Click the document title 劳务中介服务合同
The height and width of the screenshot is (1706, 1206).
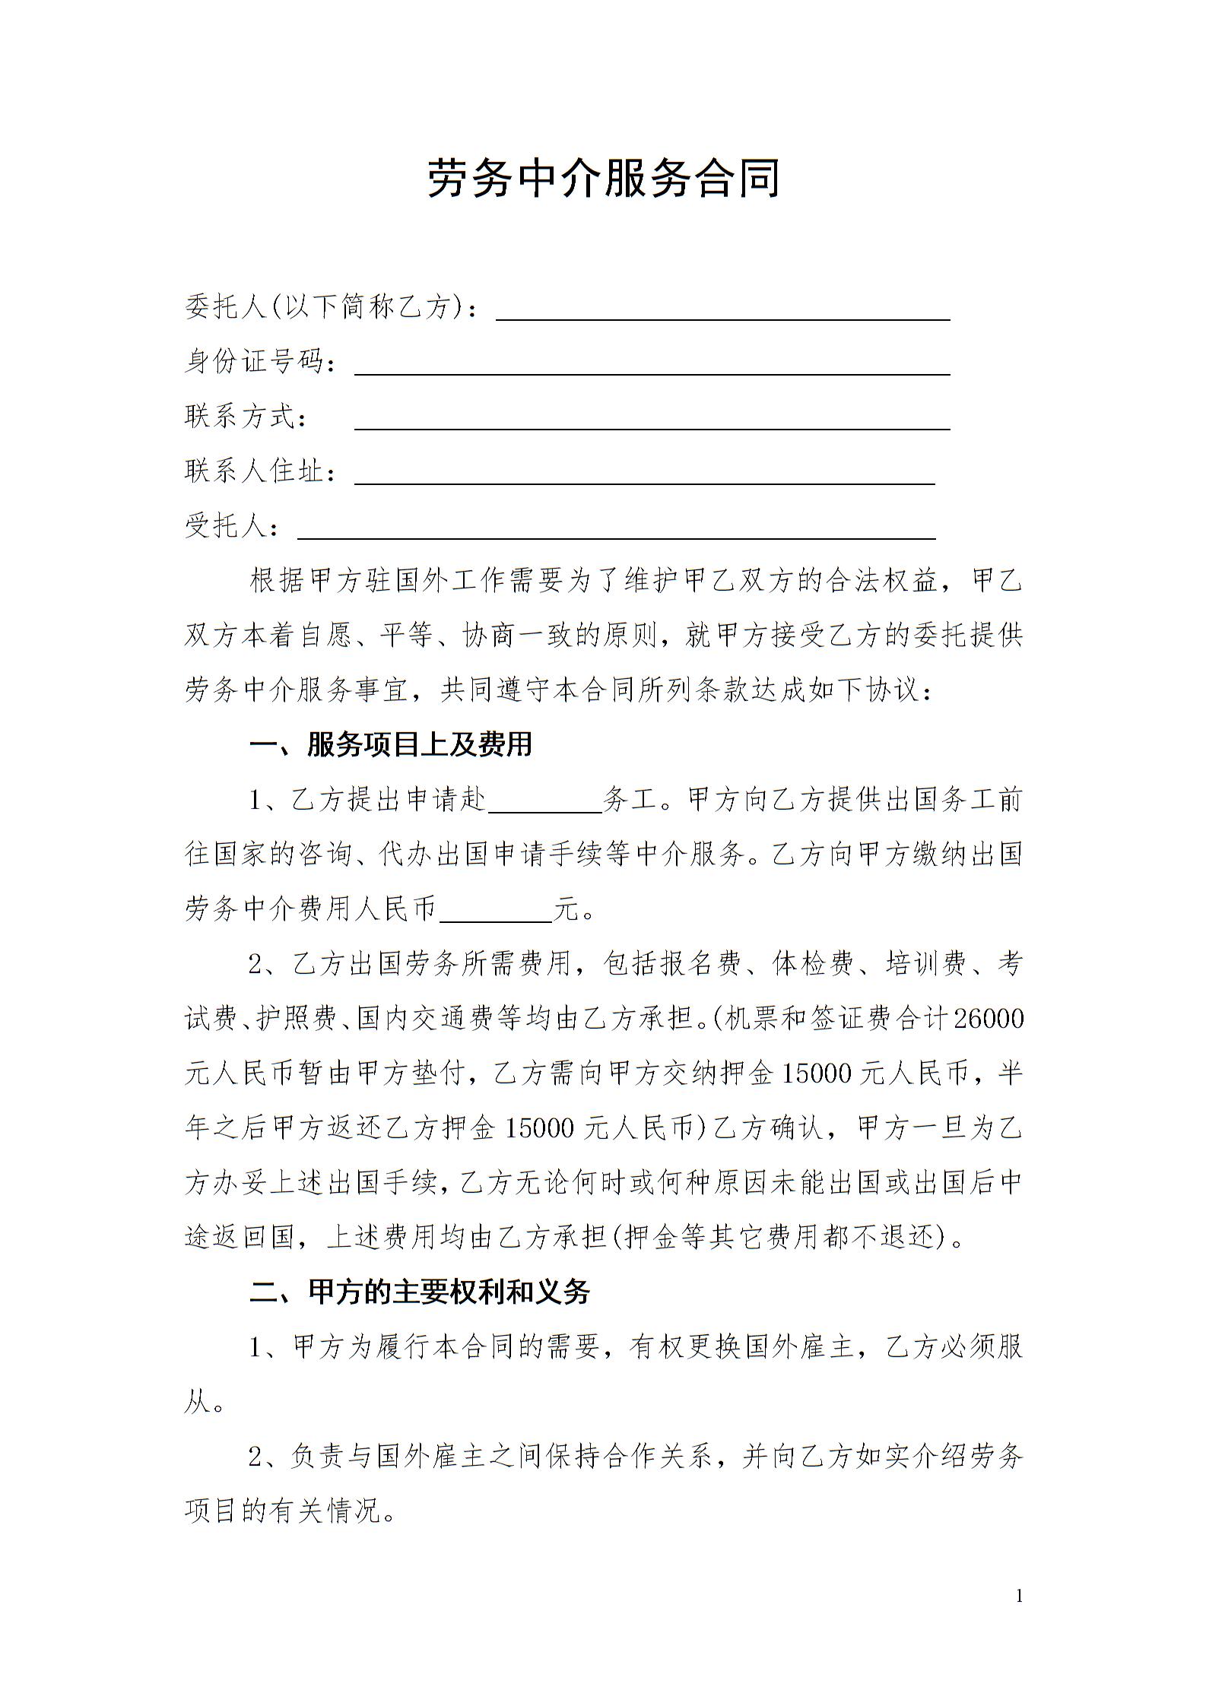click(603, 179)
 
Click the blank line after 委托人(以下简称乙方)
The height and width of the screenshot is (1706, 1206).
click(722, 312)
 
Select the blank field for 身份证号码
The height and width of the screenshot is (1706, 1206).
click(652, 366)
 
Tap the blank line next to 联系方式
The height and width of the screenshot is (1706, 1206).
click(652, 421)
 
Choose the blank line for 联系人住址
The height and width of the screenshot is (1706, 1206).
click(644, 476)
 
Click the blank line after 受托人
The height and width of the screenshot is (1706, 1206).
click(616, 531)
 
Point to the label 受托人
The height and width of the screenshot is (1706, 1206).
click(226, 526)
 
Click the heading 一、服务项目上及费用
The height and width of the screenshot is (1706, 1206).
click(391, 745)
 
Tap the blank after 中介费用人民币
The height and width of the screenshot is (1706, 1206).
click(496, 912)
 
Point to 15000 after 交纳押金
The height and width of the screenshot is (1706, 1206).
click(816, 1073)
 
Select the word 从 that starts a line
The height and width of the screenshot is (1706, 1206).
click(196, 1402)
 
